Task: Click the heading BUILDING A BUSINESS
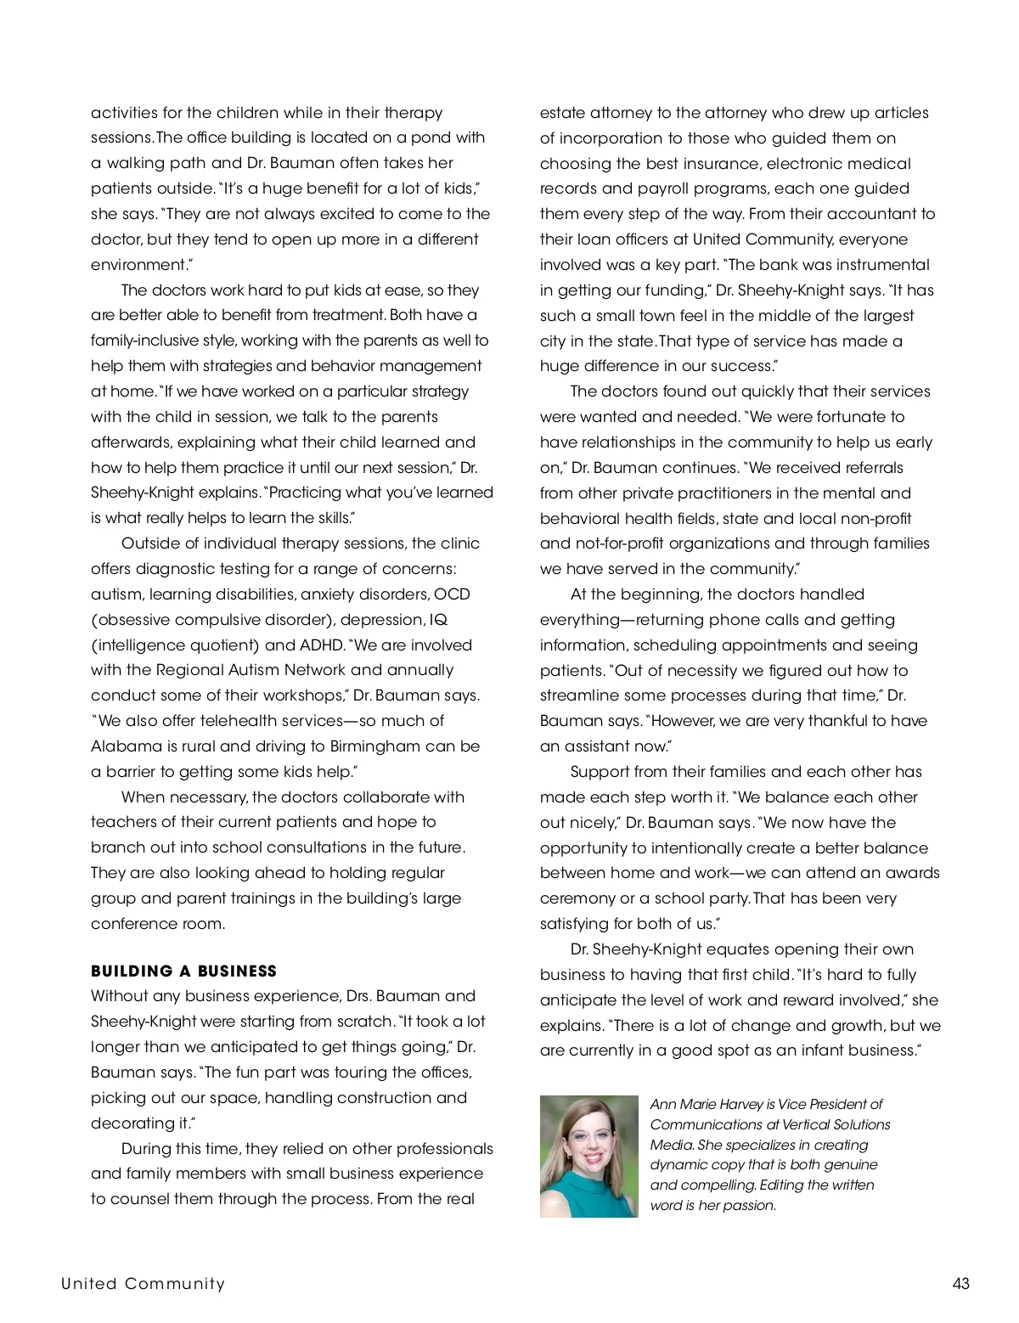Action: pos(183,971)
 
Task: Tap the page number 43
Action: pos(960,1283)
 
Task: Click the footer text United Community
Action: pos(143,1283)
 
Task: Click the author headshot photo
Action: pos(588,1157)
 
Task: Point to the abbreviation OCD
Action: pos(453,594)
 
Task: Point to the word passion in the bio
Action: pos(750,1205)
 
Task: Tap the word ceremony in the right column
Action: pos(577,898)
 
